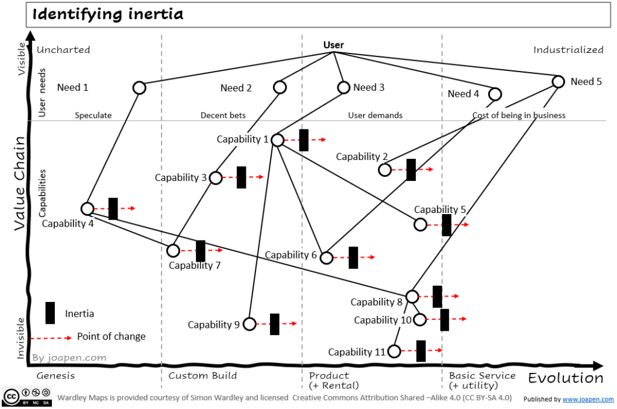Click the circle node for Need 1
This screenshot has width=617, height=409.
point(139,88)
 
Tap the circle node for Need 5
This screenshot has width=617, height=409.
point(559,81)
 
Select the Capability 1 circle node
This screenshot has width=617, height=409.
point(277,140)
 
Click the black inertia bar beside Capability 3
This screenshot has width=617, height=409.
point(242,177)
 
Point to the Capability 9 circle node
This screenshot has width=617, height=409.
point(249,324)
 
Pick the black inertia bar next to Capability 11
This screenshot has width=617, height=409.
point(421,351)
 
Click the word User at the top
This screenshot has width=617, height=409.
point(334,45)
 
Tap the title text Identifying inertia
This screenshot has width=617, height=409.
point(107,14)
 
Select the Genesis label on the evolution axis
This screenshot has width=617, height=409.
point(55,376)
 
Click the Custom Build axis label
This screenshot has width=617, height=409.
point(202,376)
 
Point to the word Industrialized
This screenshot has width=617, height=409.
point(568,50)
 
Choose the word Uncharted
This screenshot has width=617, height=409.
point(63,50)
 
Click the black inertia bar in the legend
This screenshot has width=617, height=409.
point(51,313)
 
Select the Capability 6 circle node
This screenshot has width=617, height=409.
point(326,257)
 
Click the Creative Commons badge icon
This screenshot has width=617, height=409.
point(17,396)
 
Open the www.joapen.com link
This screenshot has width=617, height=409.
point(589,399)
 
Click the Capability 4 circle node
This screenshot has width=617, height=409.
point(87,209)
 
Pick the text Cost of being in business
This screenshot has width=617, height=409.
point(519,115)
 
